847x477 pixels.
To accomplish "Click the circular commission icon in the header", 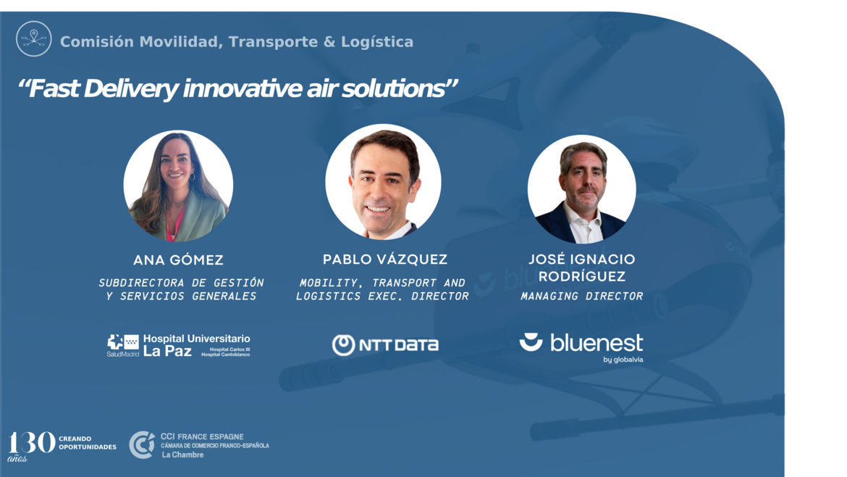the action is [33, 39].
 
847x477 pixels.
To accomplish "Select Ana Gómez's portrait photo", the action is [178, 186].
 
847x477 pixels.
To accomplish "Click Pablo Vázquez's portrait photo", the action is [383, 182].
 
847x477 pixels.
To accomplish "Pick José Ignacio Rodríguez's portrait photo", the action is [582, 189].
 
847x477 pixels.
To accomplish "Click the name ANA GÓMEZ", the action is [178, 260].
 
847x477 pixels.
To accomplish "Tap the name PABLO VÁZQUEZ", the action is [385, 260].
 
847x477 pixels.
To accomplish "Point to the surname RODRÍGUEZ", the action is [582, 277].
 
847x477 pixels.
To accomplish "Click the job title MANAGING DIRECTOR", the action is [582, 296].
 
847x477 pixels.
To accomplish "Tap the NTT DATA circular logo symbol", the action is [343, 345].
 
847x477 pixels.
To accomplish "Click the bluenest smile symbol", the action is [531, 342].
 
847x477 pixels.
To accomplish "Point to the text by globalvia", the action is [623, 360].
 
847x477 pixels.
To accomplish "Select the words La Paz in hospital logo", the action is [167, 352].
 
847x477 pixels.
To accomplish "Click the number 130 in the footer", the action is [31, 443].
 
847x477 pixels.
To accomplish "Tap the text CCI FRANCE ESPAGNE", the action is [202, 436].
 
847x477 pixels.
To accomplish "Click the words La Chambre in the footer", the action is [182, 455].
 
